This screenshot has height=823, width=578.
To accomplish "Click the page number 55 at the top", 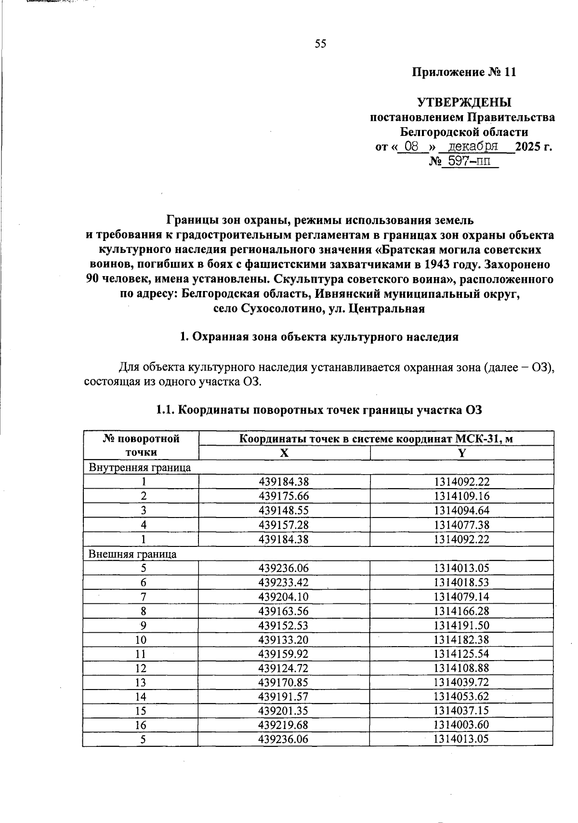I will coord(320,44).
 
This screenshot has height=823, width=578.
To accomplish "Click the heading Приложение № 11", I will coord(464,73).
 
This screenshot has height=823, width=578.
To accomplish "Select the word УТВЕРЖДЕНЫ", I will coord(464,103).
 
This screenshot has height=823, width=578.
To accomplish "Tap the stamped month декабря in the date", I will coord(473,146).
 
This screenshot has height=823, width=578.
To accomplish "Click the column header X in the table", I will coord(284,453).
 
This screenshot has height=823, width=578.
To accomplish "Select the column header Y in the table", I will coord(461,453).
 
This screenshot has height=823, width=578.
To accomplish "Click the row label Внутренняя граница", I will coord(140,467).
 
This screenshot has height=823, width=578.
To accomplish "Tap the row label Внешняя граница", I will coord(132,554).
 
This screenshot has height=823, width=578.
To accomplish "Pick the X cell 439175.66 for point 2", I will coord(284,496).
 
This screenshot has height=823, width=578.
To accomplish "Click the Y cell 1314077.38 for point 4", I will coord(461,525).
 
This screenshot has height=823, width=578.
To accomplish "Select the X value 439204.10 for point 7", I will coord(284,597).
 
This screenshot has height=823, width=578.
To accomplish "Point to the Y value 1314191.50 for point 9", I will coord(461,625).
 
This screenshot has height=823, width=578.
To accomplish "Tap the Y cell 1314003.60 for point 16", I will coord(461,725).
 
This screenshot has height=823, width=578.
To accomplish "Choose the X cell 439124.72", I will coord(284,668).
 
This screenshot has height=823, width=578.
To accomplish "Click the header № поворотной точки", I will coord(141,445).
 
